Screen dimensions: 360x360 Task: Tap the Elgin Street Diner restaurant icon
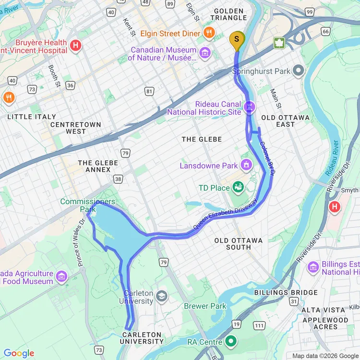pos(209,33)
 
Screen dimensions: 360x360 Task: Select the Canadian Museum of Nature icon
pos(205,52)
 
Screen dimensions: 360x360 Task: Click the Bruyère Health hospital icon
pos(75,46)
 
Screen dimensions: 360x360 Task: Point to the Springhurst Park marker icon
pos(299,72)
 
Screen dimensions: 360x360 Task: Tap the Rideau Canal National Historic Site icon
pos(249,107)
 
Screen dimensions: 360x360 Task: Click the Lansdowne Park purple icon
pos(246,166)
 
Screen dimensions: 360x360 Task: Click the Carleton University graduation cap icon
pos(162,295)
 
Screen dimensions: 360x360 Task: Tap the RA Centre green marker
pos(231,341)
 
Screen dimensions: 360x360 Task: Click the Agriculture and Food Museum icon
pos(61,276)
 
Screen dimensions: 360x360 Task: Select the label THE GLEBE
pos(202,139)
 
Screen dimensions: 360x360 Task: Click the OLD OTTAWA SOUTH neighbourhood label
pos(239,243)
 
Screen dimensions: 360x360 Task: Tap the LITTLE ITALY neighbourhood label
pos(32,117)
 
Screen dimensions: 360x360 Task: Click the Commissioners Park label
pos(87,205)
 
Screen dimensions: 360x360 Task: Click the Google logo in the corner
pos(19,354)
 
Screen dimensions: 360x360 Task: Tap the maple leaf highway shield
pos(279,43)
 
